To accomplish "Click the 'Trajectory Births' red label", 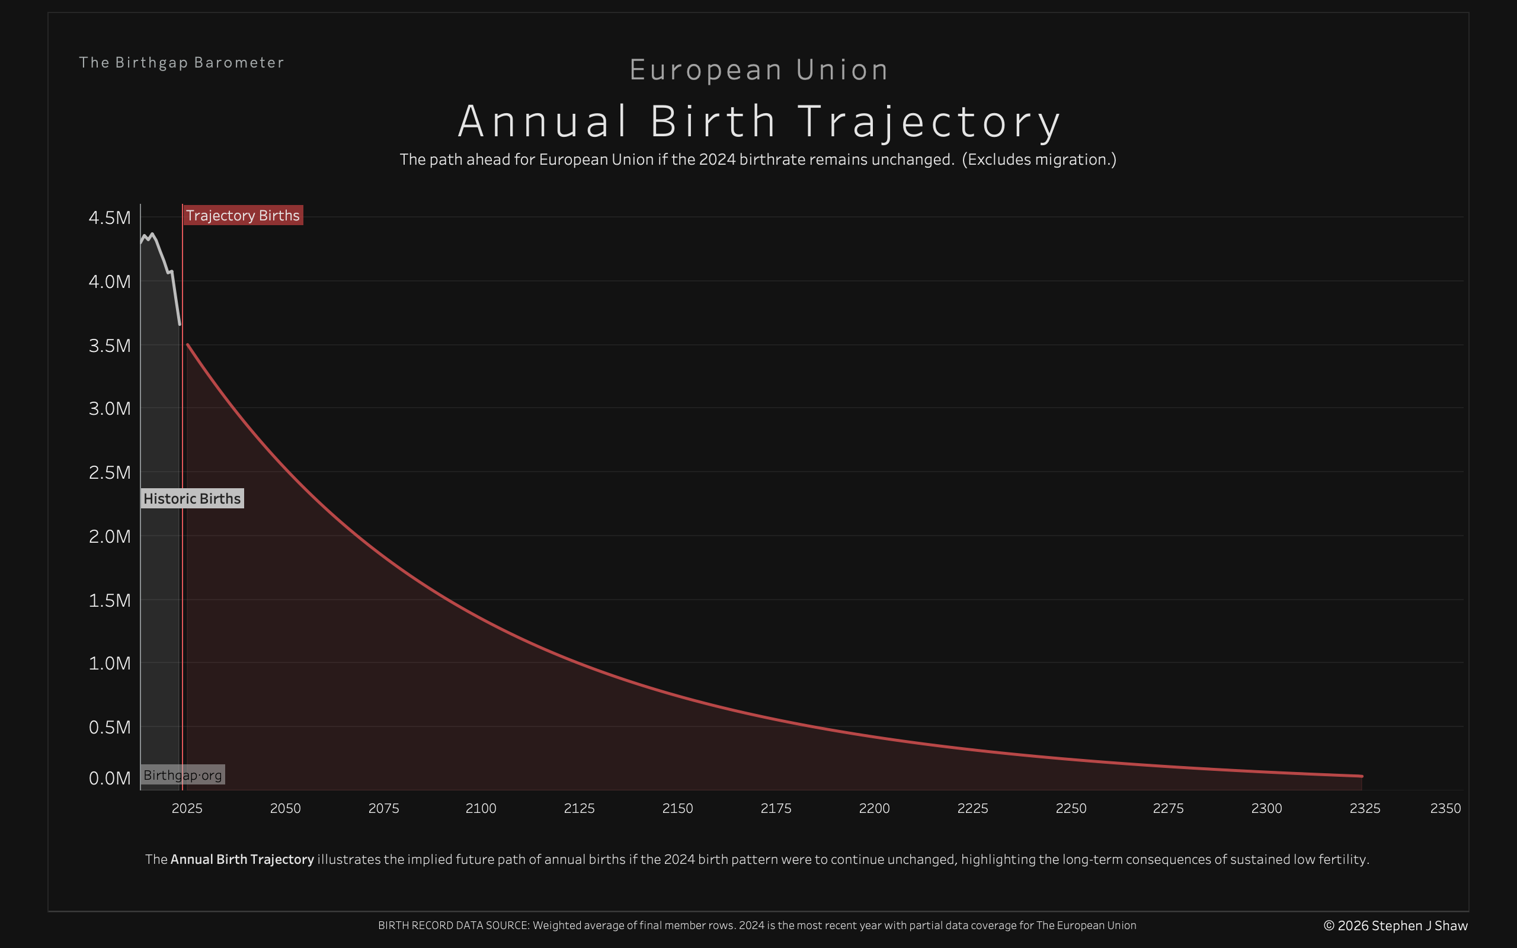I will (x=242, y=215).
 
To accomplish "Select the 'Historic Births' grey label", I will (x=192, y=498).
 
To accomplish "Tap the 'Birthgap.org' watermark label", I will (x=183, y=775).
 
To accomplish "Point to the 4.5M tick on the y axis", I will (x=110, y=217).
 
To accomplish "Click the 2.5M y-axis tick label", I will (x=110, y=472).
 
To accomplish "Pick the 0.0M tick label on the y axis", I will (x=110, y=778).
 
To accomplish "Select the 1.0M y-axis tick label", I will (x=110, y=663).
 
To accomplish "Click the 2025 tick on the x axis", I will (x=187, y=808).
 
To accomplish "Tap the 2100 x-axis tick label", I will (x=481, y=808).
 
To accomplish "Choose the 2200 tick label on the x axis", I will (x=874, y=808).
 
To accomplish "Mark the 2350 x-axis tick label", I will (x=1445, y=808).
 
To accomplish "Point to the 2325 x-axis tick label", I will (x=1365, y=808).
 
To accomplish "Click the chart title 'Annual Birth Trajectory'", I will (x=758, y=121).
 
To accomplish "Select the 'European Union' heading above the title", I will (x=758, y=69).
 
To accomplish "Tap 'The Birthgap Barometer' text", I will (x=181, y=63).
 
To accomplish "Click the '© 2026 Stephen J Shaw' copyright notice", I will (x=1396, y=925).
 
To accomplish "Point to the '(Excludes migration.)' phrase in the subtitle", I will (x=1039, y=159).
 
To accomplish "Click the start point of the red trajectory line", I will (x=187, y=344).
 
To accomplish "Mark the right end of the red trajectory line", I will (x=1362, y=776).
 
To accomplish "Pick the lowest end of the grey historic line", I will (x=180, y=324).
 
